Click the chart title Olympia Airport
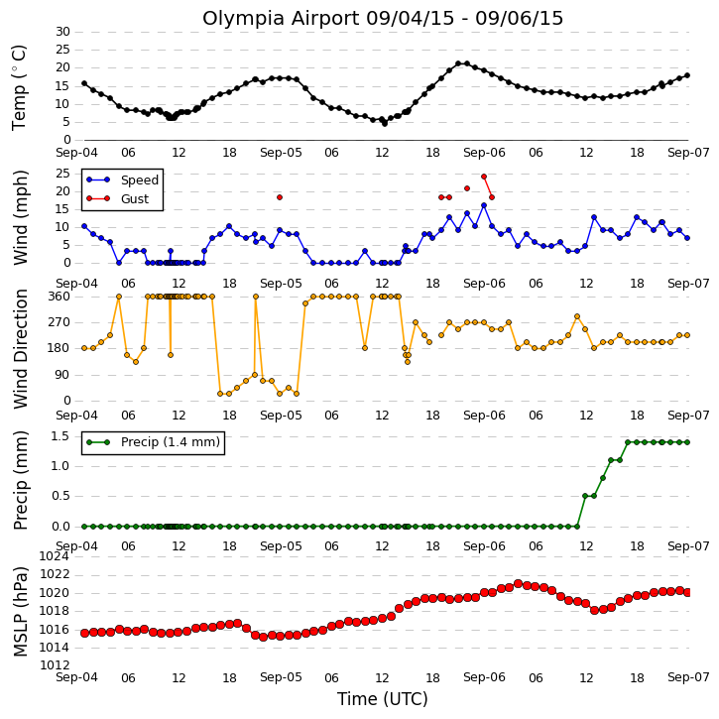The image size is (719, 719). click(281, 19)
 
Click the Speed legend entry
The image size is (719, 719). click(122, 180)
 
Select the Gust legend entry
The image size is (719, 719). click(118, 198)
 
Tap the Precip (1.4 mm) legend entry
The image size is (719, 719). click(153, 442)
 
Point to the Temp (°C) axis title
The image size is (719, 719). click(19, 87)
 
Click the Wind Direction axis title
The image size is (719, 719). click(21, 349)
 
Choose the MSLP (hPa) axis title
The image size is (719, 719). click(21, 611)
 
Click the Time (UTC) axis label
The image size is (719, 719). click(383, 699)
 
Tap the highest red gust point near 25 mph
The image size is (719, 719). click(484, 177)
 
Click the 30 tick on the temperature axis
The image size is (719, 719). click(62, 32)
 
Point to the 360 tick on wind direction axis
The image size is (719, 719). click(60, 297)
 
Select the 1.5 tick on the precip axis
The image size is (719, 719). click(60, 436)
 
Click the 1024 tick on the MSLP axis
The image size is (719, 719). click(55, 556)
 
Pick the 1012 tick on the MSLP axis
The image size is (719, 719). click(55, 664)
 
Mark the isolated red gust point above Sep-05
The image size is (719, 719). click(280, 197)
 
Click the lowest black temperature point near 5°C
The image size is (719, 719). click(384, 124)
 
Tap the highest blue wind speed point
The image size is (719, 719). click(484, 205)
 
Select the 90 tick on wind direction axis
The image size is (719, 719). click(62, 375)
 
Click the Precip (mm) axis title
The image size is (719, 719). click(21, 480)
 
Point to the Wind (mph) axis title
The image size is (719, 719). click(21, 217)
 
